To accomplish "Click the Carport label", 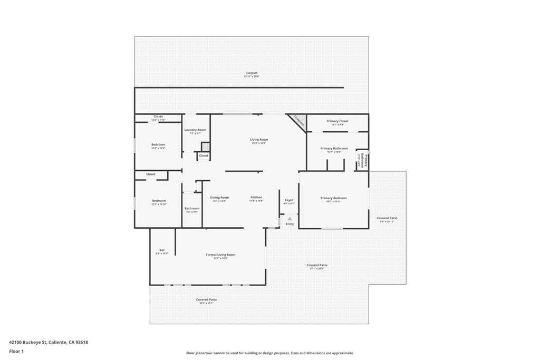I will [252, 73].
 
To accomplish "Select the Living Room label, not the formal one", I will [259, 140].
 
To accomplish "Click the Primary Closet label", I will [337, 121].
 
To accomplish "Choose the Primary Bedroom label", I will [333, 198].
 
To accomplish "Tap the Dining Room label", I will [219, 198].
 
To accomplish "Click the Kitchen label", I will [256, 198].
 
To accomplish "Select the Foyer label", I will [289, 200].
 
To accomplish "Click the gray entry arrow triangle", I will [290, 218].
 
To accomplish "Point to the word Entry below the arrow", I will [290, 224].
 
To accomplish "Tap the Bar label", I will [162, 250].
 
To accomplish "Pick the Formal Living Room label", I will [220, 255].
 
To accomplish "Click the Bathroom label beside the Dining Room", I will [191, 209].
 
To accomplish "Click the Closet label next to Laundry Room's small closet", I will [204, 155].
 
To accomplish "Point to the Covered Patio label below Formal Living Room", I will [206, 299].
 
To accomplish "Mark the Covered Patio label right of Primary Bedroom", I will [387, 218].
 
